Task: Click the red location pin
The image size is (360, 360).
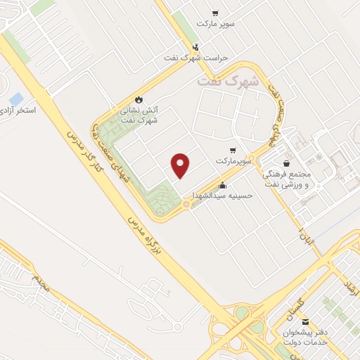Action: tap(181, 165)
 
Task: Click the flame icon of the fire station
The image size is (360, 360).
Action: tap(138, 99)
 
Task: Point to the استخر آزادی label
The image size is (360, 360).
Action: tap(15, 111)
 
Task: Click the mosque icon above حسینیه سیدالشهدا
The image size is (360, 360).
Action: tap(223, 186)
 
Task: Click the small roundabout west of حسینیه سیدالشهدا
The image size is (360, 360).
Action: tap(186, 205)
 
